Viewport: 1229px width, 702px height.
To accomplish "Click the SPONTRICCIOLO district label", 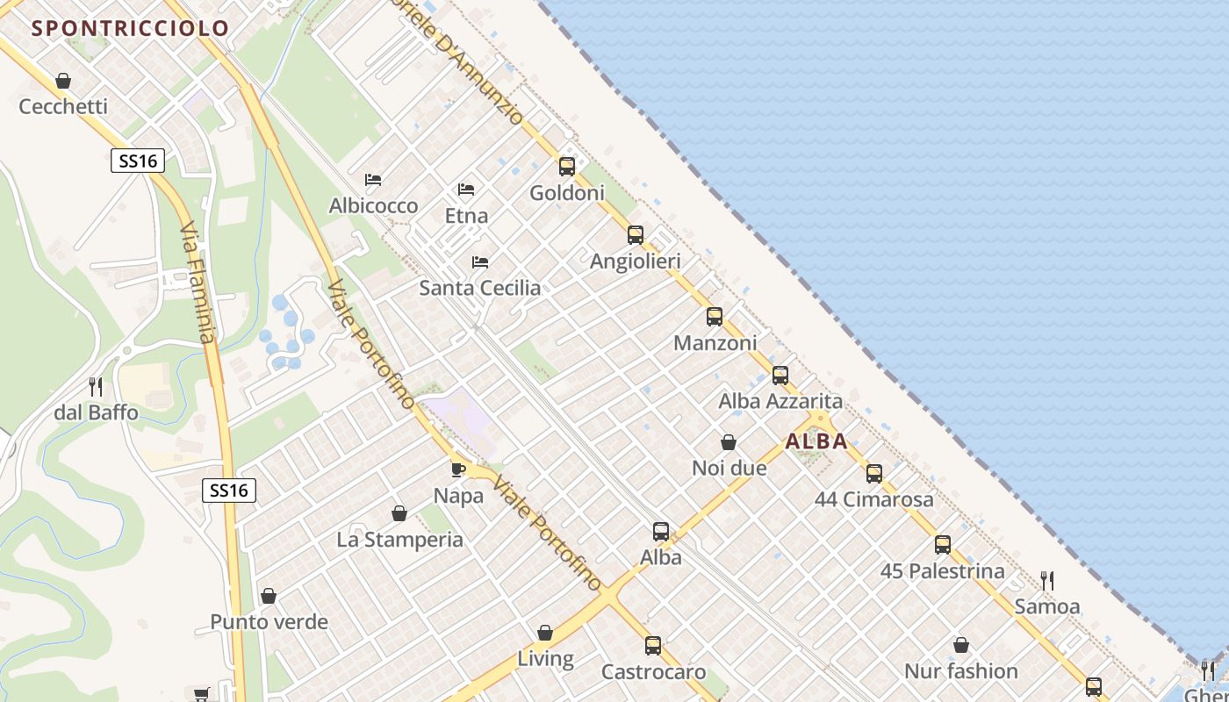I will pos(130,28).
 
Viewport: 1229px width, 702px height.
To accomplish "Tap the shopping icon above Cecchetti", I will pos(63,82).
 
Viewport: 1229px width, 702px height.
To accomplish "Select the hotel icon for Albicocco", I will pos(373,180).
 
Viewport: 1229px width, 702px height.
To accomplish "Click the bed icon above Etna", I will pos(466,190).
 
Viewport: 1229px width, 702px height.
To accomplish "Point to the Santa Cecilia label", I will pos(479,288).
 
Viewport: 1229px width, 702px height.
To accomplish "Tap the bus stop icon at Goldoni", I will pos(567,166).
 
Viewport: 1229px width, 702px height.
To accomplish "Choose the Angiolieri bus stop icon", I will pos(636,235).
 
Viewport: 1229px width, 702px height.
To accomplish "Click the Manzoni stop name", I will pos(715,343).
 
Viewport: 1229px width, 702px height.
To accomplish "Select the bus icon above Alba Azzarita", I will pos(780,376).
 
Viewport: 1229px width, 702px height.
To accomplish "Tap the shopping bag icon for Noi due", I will pos(729,442).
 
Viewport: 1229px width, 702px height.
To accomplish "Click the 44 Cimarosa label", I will pos(874,500).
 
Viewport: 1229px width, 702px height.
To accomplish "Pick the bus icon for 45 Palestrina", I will pos(943,545).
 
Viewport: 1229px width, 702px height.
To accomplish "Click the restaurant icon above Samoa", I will pos(1046,580).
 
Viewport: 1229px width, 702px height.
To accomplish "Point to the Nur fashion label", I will pos(961,671).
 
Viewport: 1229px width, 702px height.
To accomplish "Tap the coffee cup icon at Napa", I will pos(458,469).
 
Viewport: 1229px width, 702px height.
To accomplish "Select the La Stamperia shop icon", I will pos(399,513).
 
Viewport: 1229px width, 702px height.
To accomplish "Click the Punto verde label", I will pos(269,622).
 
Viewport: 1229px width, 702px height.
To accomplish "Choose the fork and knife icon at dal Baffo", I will pos(96,386).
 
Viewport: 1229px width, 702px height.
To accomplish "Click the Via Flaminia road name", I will pos(197,283).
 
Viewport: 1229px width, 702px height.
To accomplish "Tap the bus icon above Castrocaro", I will pos(653,646).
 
